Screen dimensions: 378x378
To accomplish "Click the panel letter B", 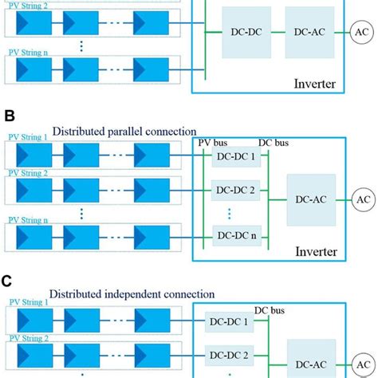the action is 10,116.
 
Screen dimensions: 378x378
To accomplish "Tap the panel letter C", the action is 6,282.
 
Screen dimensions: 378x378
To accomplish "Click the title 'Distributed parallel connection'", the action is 124,132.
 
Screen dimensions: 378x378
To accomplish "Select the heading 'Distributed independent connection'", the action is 132,294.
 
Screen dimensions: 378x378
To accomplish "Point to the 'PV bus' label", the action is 213,143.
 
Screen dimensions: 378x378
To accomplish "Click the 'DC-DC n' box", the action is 237,235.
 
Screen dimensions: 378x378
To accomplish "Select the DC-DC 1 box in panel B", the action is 236,156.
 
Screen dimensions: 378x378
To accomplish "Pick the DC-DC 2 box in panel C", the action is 229,356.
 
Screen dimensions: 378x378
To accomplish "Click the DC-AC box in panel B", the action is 311,200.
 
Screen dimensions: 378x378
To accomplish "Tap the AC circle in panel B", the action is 364,199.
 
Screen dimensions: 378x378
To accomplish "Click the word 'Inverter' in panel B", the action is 317,251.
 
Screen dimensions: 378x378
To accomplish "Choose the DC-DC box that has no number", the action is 246,33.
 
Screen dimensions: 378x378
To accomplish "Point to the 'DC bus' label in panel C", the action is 270,310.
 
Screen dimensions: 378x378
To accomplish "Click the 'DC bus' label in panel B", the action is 274,143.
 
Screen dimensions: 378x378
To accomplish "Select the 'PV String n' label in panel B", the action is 28,220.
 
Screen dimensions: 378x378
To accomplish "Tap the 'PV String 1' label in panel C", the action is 29,302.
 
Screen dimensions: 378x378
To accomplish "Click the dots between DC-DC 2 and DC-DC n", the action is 230,214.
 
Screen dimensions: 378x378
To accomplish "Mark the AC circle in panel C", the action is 364,364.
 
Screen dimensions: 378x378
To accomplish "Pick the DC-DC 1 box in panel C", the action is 229,322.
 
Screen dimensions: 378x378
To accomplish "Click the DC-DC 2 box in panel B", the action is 235,191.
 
